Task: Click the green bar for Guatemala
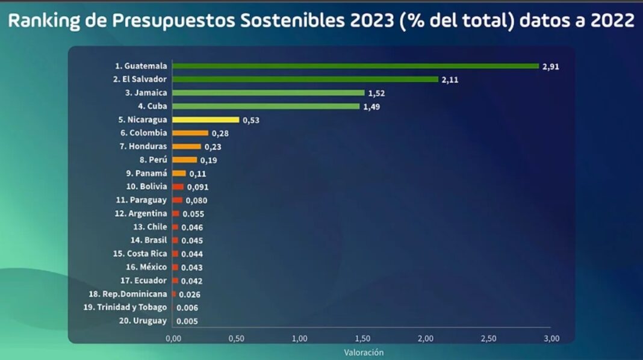pos(355,66)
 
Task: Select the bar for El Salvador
pos(305,79)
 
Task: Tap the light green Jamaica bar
pos(269,93)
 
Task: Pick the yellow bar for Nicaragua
pos(206,120)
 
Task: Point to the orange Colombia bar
pos(190,133)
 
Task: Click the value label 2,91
pos(551,67)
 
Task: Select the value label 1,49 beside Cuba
pos(372,107)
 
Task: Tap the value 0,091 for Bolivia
pos(197,187)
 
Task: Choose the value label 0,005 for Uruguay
pos(187,321)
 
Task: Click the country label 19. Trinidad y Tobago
pos(125,308)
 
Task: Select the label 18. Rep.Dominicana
pos(128,294)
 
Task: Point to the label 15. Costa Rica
pos(140,254)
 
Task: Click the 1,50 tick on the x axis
pos(362,339)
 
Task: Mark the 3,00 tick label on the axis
pos(551,339)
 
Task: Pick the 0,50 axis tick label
pos(237,339)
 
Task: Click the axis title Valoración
pos(364,352)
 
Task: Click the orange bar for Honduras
pos(187,147)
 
